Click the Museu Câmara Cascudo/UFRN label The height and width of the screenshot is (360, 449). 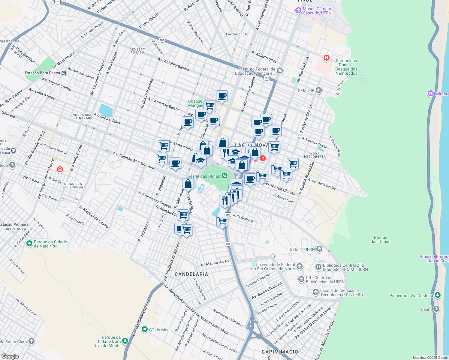click(x=317, y=11)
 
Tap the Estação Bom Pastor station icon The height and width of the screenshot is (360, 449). click(x=64, y=73)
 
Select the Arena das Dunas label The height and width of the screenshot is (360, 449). click(x=204, y=176)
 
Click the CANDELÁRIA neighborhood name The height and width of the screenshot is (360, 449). click(x=191, y=274)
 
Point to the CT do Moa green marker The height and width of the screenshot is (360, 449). click(x=145, y=330)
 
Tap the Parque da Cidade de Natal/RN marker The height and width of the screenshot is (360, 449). click(x=29, y=244)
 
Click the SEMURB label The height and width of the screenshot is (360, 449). click(x=306, y=91)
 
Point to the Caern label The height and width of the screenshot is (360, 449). click(x=426, y=309)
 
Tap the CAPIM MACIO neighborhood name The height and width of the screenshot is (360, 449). click(x=280, y=352)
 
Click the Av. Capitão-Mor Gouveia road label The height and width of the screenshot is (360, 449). click(x=134, y=160)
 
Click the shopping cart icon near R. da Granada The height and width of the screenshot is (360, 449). click(x=222, y=222)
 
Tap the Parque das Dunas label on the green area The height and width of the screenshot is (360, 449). click(x=380, y=239)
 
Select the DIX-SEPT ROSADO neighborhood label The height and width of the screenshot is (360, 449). click(x=137, y=51)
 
